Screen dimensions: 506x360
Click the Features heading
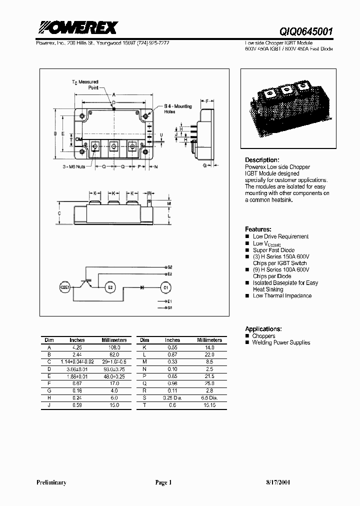pyautogui.click(x=258, y=229)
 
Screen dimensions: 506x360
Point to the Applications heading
pyautogui.click(x=263, y=329)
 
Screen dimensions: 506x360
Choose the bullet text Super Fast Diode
pyautogui.click(x=273, y=250)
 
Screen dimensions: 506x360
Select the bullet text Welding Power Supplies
pyautogui.click(x=281, y=342)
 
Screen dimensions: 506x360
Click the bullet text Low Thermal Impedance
pyautogui.click(x=282, y=296)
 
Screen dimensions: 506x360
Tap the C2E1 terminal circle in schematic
pyautogui.click(x=64, y=288)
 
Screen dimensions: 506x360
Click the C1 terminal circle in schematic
pyautogui.click(x=165, y=288)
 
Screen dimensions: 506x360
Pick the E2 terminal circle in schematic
pyautogui.click(x=110, y=288)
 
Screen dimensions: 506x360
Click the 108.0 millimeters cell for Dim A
pyautogui.click(x=114, y=347)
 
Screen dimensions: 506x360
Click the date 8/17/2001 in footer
pyautogui.click(x=275, y=483)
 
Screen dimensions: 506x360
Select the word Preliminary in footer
pyautogui.click(x=51, y=483)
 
